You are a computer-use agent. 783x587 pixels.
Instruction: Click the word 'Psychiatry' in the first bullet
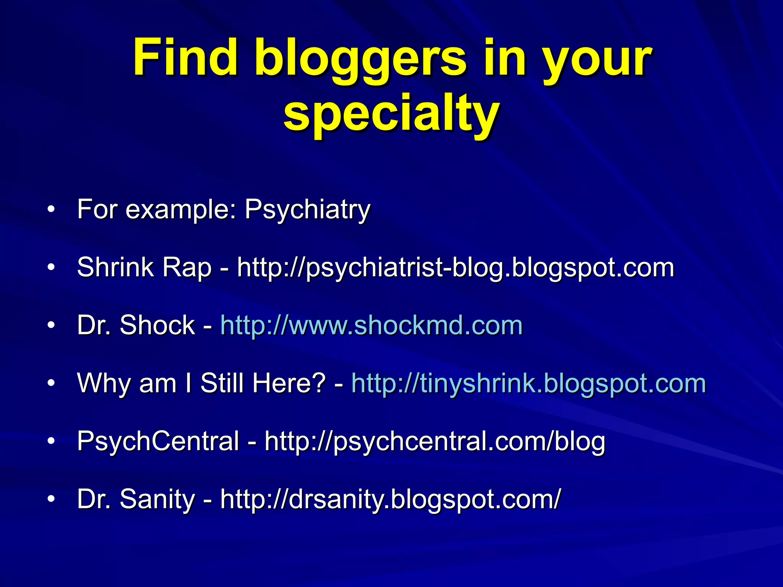tap(307, 210)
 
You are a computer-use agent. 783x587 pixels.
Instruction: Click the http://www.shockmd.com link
tap(371, 326)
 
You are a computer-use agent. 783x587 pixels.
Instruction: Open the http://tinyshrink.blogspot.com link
tap(528, 383)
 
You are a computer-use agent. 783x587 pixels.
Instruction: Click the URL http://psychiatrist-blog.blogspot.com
tap(455, 268)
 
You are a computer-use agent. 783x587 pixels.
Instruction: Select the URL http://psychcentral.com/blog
tap(435, 441)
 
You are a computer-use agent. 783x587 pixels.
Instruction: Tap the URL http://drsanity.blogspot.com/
tap(390, 499)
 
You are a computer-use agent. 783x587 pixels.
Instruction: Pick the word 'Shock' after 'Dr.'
tap(157, 326)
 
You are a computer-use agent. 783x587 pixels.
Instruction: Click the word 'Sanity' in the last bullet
tap(157, 499)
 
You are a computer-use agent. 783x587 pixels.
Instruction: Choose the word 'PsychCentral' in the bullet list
tap(158, 441)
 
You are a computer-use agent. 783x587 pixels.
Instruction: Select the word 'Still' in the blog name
tap(223, 383)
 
